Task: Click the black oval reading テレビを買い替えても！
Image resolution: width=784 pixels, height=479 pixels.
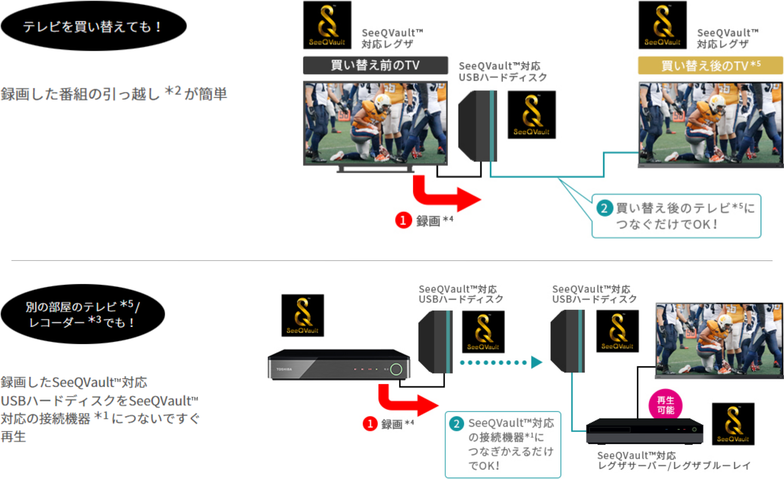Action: tap(94, 26)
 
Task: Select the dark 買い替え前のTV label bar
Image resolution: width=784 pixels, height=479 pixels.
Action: tap(375, 65)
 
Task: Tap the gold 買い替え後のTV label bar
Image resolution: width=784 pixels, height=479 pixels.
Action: tap(710, 65)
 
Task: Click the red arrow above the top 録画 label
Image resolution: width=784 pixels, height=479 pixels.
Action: tap(445, 196)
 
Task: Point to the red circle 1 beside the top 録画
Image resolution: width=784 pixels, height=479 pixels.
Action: tap(403, 221)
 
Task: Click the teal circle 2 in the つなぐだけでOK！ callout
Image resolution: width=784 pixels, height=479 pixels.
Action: tap(604, 208)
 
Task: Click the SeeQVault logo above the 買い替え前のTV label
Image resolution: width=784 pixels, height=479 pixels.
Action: tap(327, 25)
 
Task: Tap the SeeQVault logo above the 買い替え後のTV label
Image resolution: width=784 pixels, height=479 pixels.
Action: tap(663, 25)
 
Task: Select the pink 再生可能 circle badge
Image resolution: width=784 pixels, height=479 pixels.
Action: tap(666, 405)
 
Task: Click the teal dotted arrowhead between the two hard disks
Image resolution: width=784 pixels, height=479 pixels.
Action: tap(536, 362)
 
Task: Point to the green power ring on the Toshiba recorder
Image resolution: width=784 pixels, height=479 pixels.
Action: tap(396, 370)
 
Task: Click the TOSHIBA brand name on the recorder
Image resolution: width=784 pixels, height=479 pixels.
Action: tap(284, 369)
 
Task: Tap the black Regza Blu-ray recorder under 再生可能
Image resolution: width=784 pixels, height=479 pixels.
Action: tap(644, 431)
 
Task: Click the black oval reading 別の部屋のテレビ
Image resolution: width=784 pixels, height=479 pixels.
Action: tap(83, 314)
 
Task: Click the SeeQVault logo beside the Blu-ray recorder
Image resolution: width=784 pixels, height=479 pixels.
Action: tap(733, 424)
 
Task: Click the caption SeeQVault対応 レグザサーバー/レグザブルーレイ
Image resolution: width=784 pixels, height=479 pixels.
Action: tap(674, 461)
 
